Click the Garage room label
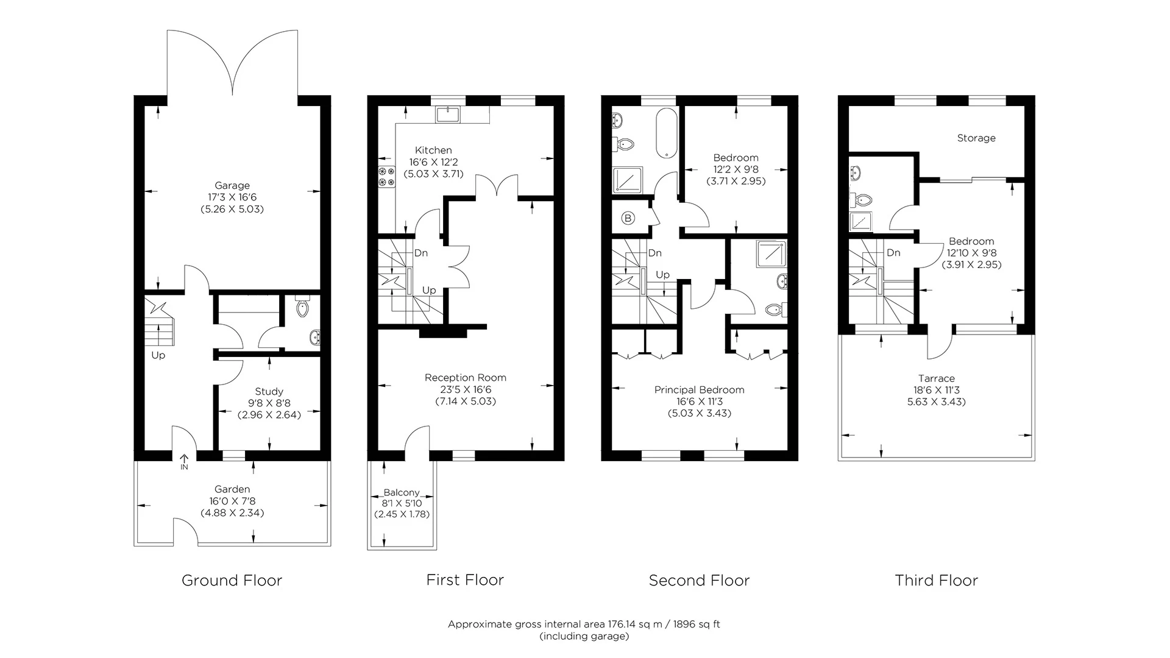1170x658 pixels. (232, 185)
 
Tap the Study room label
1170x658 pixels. (269, 391)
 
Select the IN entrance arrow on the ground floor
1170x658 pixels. (184, 461)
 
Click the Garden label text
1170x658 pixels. (232, 489)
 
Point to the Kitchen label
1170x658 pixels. (433, 150)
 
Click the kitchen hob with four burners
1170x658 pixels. (386, 176)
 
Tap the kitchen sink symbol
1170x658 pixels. (450, 114)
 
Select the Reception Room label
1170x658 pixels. (465, 378)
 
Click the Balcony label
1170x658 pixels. (402, 492)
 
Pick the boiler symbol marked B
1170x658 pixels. (628, 218)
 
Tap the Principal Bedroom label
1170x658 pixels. (699, 390)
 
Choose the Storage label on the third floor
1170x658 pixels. (976, 138)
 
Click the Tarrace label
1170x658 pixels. (937, 378)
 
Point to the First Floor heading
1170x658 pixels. (465, 580)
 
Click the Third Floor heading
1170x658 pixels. (936, 581)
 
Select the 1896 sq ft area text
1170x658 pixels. (695, 624)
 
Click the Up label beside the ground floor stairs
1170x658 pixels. (158, 355)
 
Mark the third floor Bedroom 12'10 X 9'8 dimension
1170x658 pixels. (971, 253)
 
